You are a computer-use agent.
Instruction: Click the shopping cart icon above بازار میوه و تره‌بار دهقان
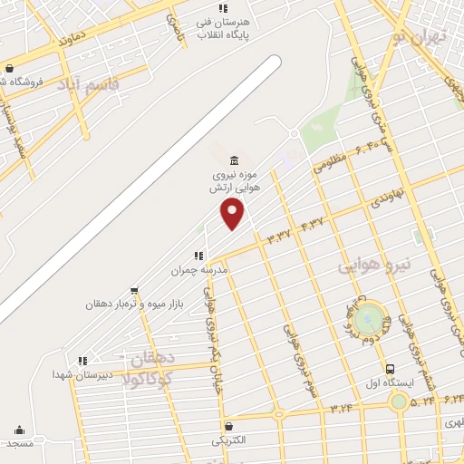(x=134, y=291)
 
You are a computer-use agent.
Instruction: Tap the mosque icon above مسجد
(x=20, y=430)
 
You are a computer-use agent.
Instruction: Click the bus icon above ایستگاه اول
(x=390, y=369)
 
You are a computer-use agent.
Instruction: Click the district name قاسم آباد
(x=88, y=85)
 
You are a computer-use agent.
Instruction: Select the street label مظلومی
(x=331, y=159)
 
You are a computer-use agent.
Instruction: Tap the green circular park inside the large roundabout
(x=369, y=319)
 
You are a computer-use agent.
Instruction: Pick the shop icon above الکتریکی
(x=227, y=425)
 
